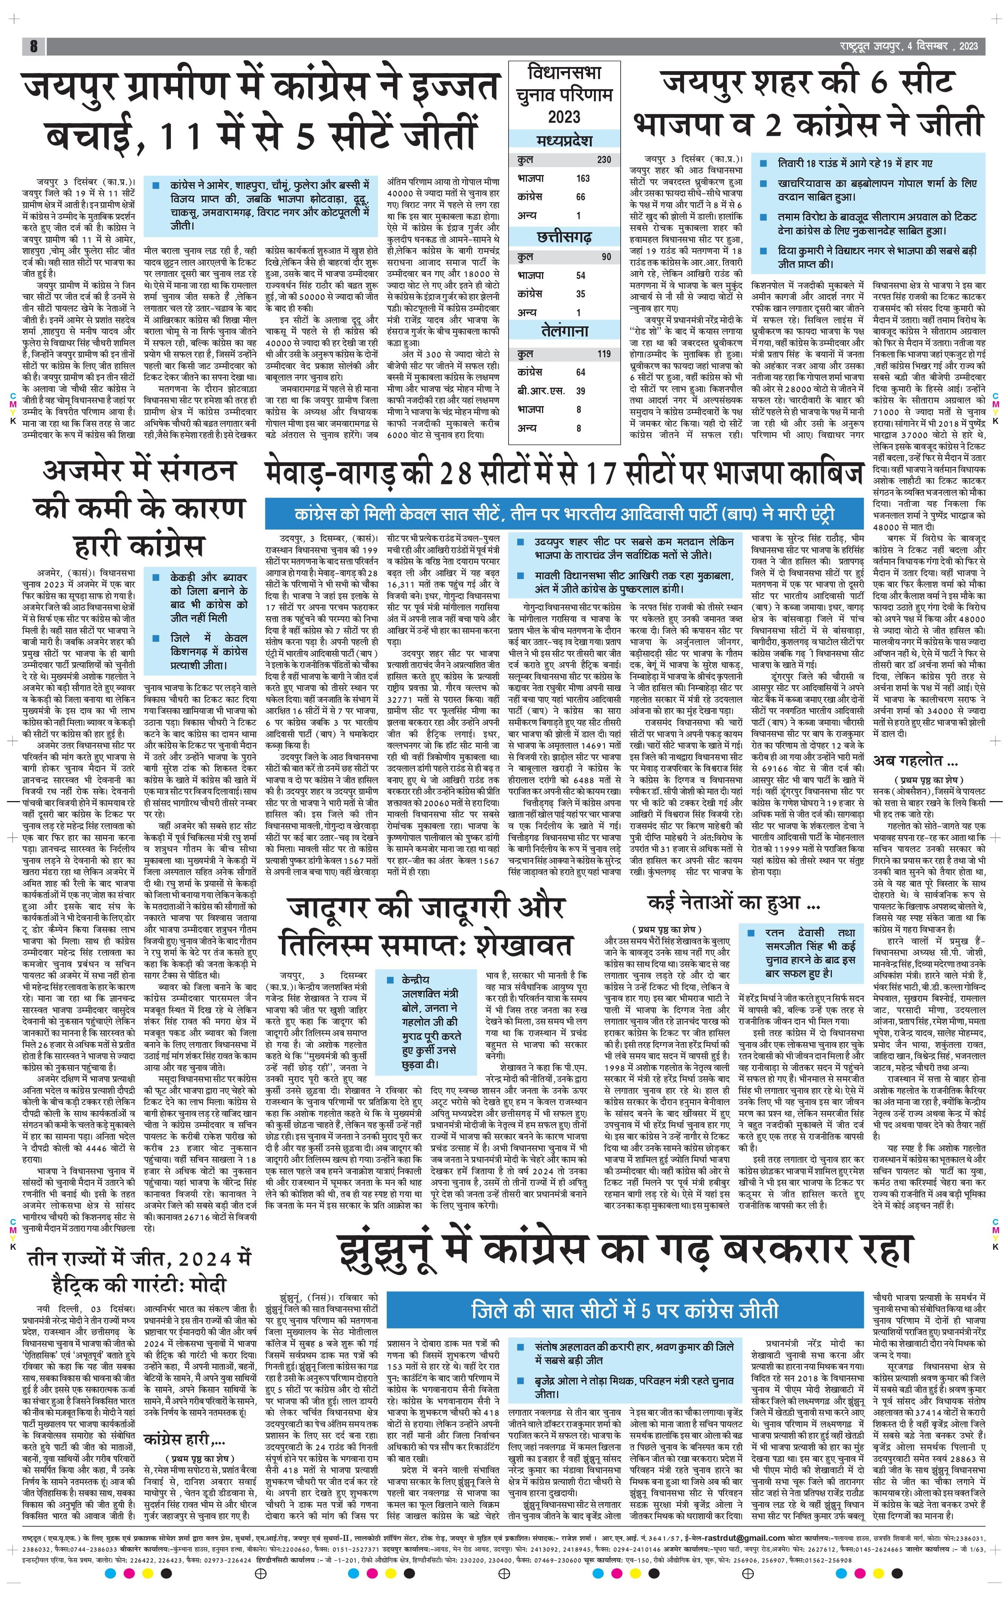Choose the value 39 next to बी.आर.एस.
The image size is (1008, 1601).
[580, 391]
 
